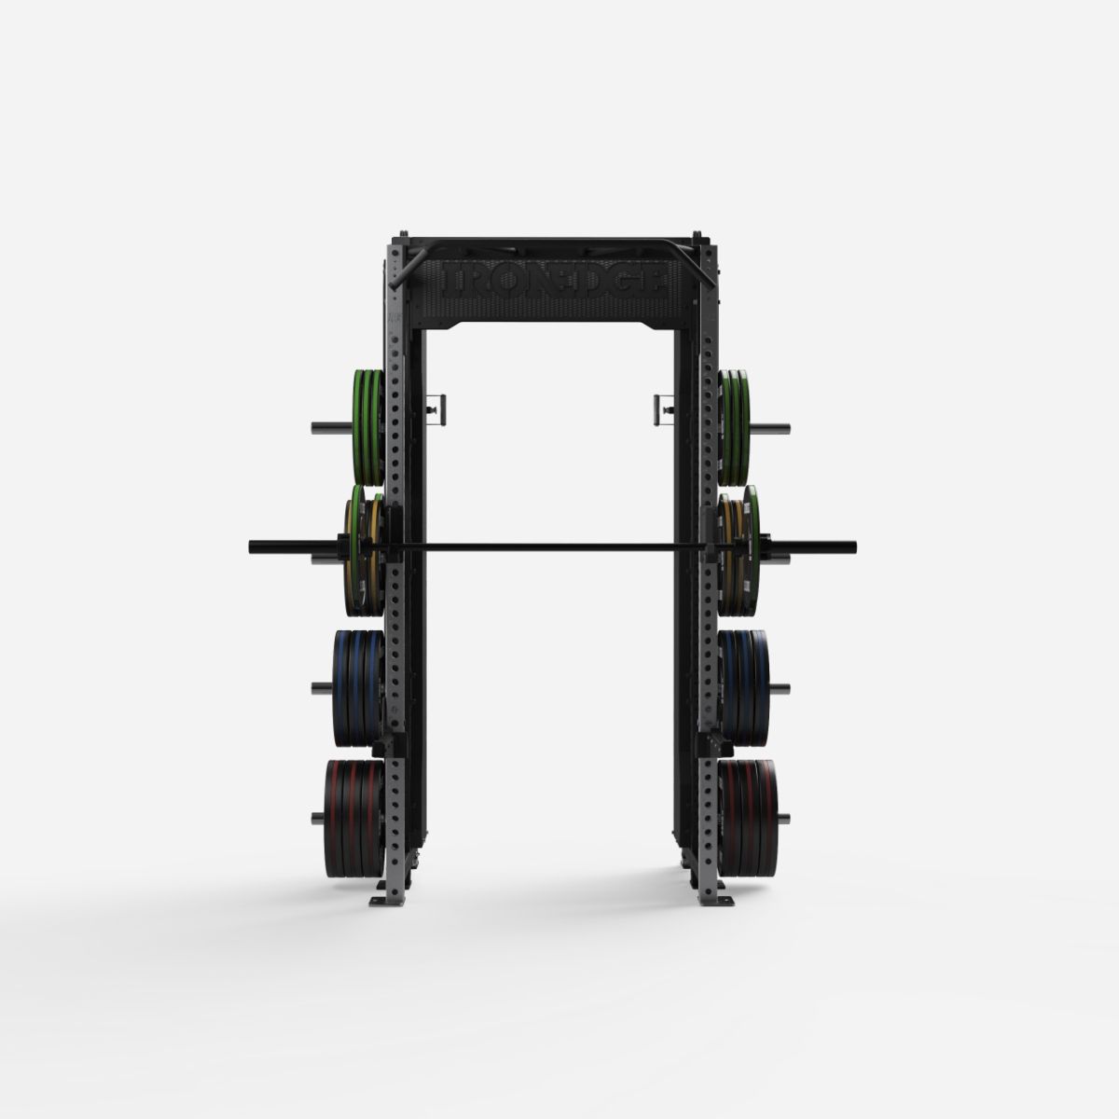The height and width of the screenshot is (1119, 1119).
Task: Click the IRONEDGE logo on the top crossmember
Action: point(558,282)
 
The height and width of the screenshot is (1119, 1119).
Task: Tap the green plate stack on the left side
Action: point(367,425)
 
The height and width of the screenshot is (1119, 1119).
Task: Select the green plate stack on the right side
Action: point(736,425)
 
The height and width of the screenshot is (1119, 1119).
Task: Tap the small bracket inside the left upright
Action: point(435,407)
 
